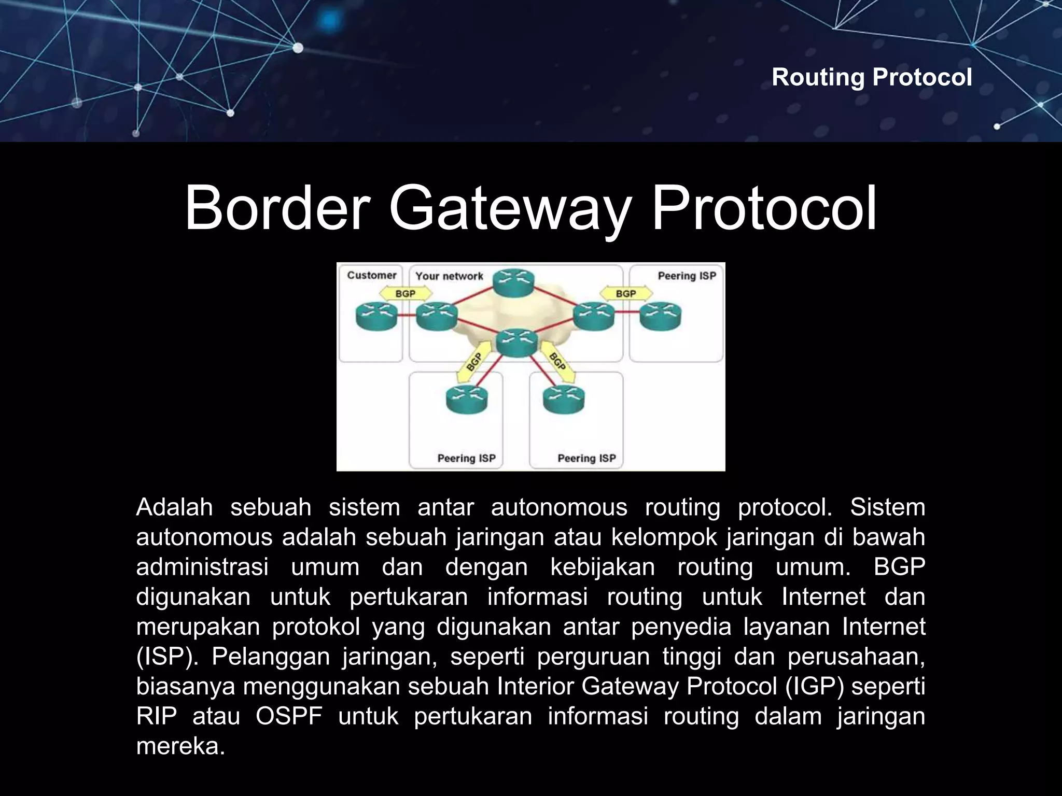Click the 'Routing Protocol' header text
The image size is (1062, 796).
871,77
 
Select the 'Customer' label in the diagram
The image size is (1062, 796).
371,275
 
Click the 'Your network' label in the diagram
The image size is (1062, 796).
449,276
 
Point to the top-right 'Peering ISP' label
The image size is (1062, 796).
687,276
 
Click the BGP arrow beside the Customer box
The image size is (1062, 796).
406,294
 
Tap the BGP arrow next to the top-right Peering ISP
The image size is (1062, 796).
626,294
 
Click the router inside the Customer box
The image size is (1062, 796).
376,316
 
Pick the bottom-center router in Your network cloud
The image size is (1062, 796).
516,343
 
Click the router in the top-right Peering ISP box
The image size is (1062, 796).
660,316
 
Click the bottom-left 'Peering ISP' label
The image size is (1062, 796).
466,458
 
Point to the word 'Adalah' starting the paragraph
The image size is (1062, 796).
174,507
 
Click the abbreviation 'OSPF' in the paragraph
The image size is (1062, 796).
289,716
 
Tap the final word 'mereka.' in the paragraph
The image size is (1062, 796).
180,746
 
